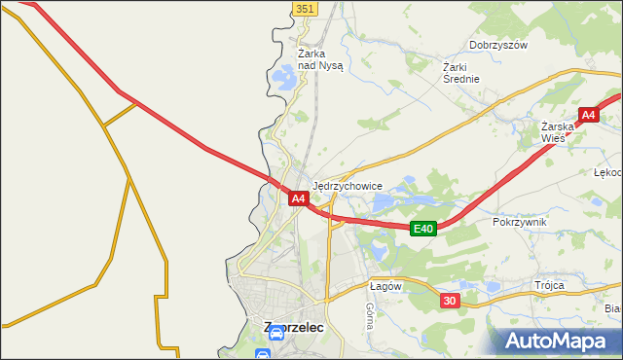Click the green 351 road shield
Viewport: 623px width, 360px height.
coord(305,8)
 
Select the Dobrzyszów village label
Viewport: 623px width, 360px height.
coord(497,45)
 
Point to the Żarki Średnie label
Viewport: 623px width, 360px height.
coord(461,73)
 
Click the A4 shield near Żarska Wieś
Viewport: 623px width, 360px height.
coord(588,116)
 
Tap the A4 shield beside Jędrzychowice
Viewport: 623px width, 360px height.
coord(299,198)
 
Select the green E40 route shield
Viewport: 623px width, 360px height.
coord(421,229)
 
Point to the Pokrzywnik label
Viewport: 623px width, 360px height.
coord(520,222)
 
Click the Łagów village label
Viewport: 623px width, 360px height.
coord(385,286)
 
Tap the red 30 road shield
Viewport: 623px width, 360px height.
coord(449,301)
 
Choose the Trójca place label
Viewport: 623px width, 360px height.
coord(549,286)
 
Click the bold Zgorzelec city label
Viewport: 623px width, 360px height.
coord(293,328)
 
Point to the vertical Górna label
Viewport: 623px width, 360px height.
coord(370,315)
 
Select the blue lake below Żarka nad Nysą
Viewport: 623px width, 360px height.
coord(285,76)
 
